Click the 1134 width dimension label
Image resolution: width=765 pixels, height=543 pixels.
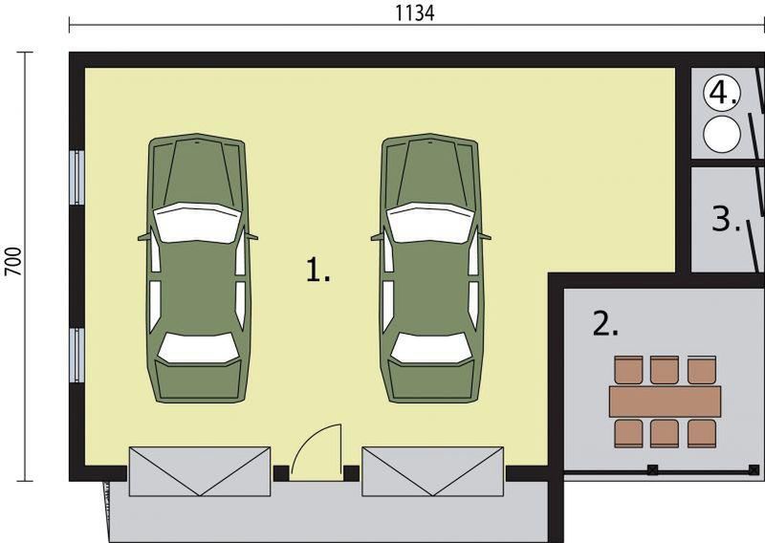(414, 13)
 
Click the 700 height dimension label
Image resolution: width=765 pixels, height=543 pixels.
(13, 261)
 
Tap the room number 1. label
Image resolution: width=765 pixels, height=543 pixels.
(317, 271)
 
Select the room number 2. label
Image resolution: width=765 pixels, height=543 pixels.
(605, 324)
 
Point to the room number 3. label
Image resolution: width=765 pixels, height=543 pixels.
(726, 219)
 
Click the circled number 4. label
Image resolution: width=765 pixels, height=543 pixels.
(722, 93)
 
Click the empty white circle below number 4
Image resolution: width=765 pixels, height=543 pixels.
(722, 134)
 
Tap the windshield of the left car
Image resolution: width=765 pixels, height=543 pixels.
(197, 223)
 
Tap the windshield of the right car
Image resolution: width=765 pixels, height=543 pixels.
(430, 223)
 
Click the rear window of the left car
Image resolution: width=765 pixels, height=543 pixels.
(199, 347)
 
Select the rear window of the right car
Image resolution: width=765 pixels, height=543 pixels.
(431, 347)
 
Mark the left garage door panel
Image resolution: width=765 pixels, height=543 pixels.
(200, 471)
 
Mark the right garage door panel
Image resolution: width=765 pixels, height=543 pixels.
(432, 471)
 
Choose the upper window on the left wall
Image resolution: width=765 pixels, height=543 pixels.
(77, 178)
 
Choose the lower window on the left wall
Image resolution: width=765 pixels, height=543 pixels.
(77, 356)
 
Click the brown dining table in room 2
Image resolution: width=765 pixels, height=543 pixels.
(665, 401)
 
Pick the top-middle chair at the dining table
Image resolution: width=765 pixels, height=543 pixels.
(665, 370)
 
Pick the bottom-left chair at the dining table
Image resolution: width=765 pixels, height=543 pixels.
(629, 433)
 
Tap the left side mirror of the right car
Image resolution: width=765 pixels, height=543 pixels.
(377, 238)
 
